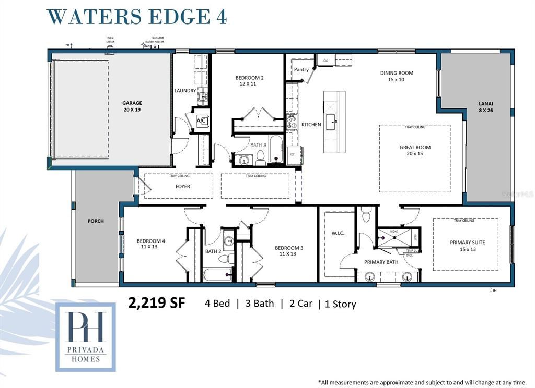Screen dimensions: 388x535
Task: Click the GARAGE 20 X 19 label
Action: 132,106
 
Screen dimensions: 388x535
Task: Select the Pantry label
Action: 301,69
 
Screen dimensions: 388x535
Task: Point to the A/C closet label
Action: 202,120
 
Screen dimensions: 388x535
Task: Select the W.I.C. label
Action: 338,233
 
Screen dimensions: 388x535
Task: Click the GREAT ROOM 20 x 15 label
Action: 415,150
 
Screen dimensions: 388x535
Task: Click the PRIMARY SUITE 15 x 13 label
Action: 468,245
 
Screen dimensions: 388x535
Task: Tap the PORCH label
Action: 95,221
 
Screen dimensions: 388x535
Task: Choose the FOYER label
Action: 182,186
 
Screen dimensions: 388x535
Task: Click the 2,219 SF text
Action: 157,303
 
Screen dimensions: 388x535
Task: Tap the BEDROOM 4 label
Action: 151,244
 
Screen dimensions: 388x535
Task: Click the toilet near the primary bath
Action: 366,214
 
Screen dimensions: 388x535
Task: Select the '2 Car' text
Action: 300,304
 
